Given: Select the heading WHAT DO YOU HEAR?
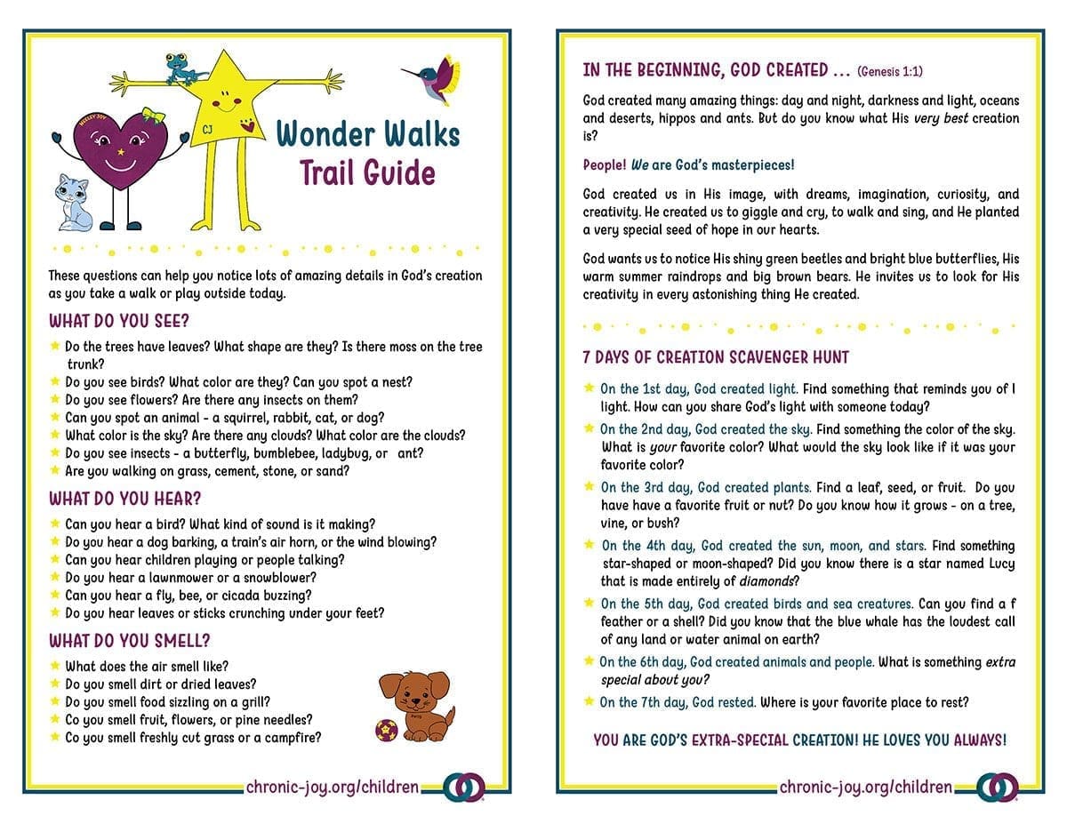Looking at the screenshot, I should click(125, 498).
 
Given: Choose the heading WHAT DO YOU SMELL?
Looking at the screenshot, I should click(129, 640).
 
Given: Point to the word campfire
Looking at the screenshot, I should click(290, 737).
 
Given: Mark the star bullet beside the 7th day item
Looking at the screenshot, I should click(589, 701).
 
